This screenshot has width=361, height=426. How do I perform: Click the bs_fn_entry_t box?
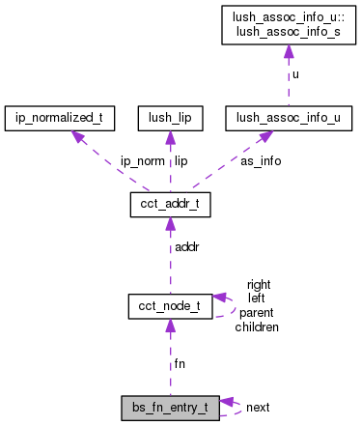tap(170, 407)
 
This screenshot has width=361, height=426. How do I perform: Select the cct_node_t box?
tap(170, 306)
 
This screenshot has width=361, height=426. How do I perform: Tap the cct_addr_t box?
tap(170, 206)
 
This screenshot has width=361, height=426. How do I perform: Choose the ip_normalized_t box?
tap(60, 119)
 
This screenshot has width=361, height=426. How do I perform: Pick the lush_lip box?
tap(170, 119)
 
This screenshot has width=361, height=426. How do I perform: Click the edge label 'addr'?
tap(185, 248)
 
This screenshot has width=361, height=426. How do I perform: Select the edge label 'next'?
tap(257, 408)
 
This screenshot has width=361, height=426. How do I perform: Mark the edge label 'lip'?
tap(180, 161)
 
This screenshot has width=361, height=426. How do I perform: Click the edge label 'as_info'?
tap(260, 161)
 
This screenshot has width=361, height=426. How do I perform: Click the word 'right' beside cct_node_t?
tap(258, 284)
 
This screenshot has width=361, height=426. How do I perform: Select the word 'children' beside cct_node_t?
tap(257, 327)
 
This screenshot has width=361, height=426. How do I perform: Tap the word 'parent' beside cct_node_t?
tap(257, 313)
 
